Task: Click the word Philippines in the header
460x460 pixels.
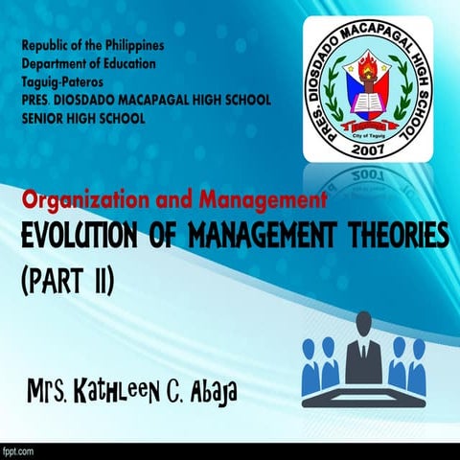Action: pos(132,45)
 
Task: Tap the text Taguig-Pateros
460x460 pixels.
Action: pos(63,81)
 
